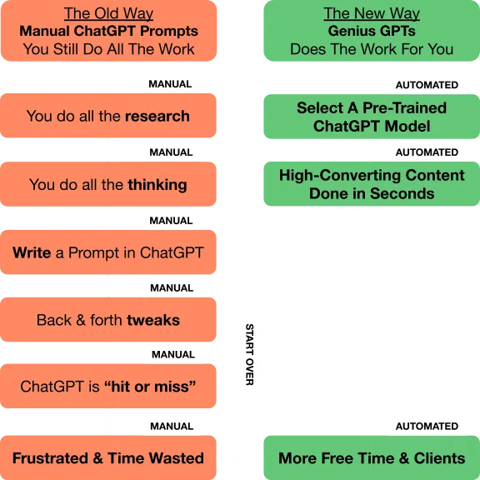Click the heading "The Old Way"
(108, 14)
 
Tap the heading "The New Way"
(372, 14)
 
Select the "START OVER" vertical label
(249, 354)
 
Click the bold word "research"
(157, 116)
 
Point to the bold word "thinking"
(157, 185)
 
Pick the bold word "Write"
(32, 252)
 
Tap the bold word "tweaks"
(153, 320)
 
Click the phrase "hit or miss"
(150, 387)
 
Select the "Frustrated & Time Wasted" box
(108, 457)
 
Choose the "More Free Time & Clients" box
(372, 457)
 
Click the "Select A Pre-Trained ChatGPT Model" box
(372, 117)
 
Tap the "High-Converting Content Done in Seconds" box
(372, 184)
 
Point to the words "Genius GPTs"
(372, 31)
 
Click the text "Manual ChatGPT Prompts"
(108, 31)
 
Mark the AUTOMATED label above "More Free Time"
(427, 426)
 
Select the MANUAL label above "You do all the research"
(170, 84)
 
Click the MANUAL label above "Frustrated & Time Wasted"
(172, 426)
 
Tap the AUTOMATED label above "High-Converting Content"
(427, 152)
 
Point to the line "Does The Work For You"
(372, 49)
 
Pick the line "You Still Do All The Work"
(108, 49)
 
